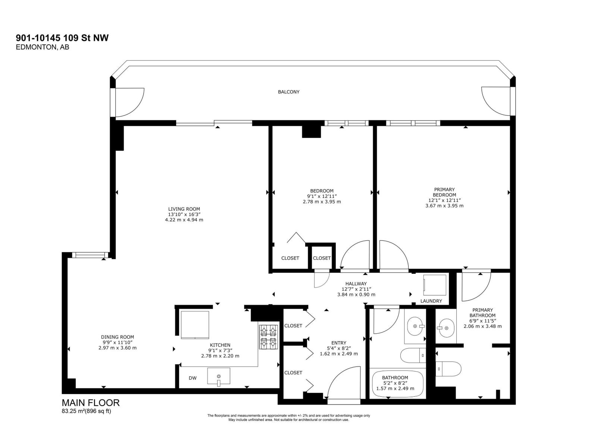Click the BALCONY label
[x=288, y=92]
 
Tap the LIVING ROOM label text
[x=184, y=209]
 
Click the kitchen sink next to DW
[x=219, y=377]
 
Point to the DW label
[x=193, y=378]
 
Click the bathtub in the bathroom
[x=397, y=384]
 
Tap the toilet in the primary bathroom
[x=449, y=368]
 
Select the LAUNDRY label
[x=431, y=301]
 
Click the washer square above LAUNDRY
[x=435, y=285]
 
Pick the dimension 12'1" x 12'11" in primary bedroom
[x=444, y=200]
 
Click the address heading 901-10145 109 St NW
[x=62, y=38]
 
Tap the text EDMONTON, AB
[x=42, y=47]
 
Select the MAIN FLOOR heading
[x=91, y=403]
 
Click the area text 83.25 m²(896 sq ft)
[x=86, y=411]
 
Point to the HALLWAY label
[x=356, y=283]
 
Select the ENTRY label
[x=338, y=343]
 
